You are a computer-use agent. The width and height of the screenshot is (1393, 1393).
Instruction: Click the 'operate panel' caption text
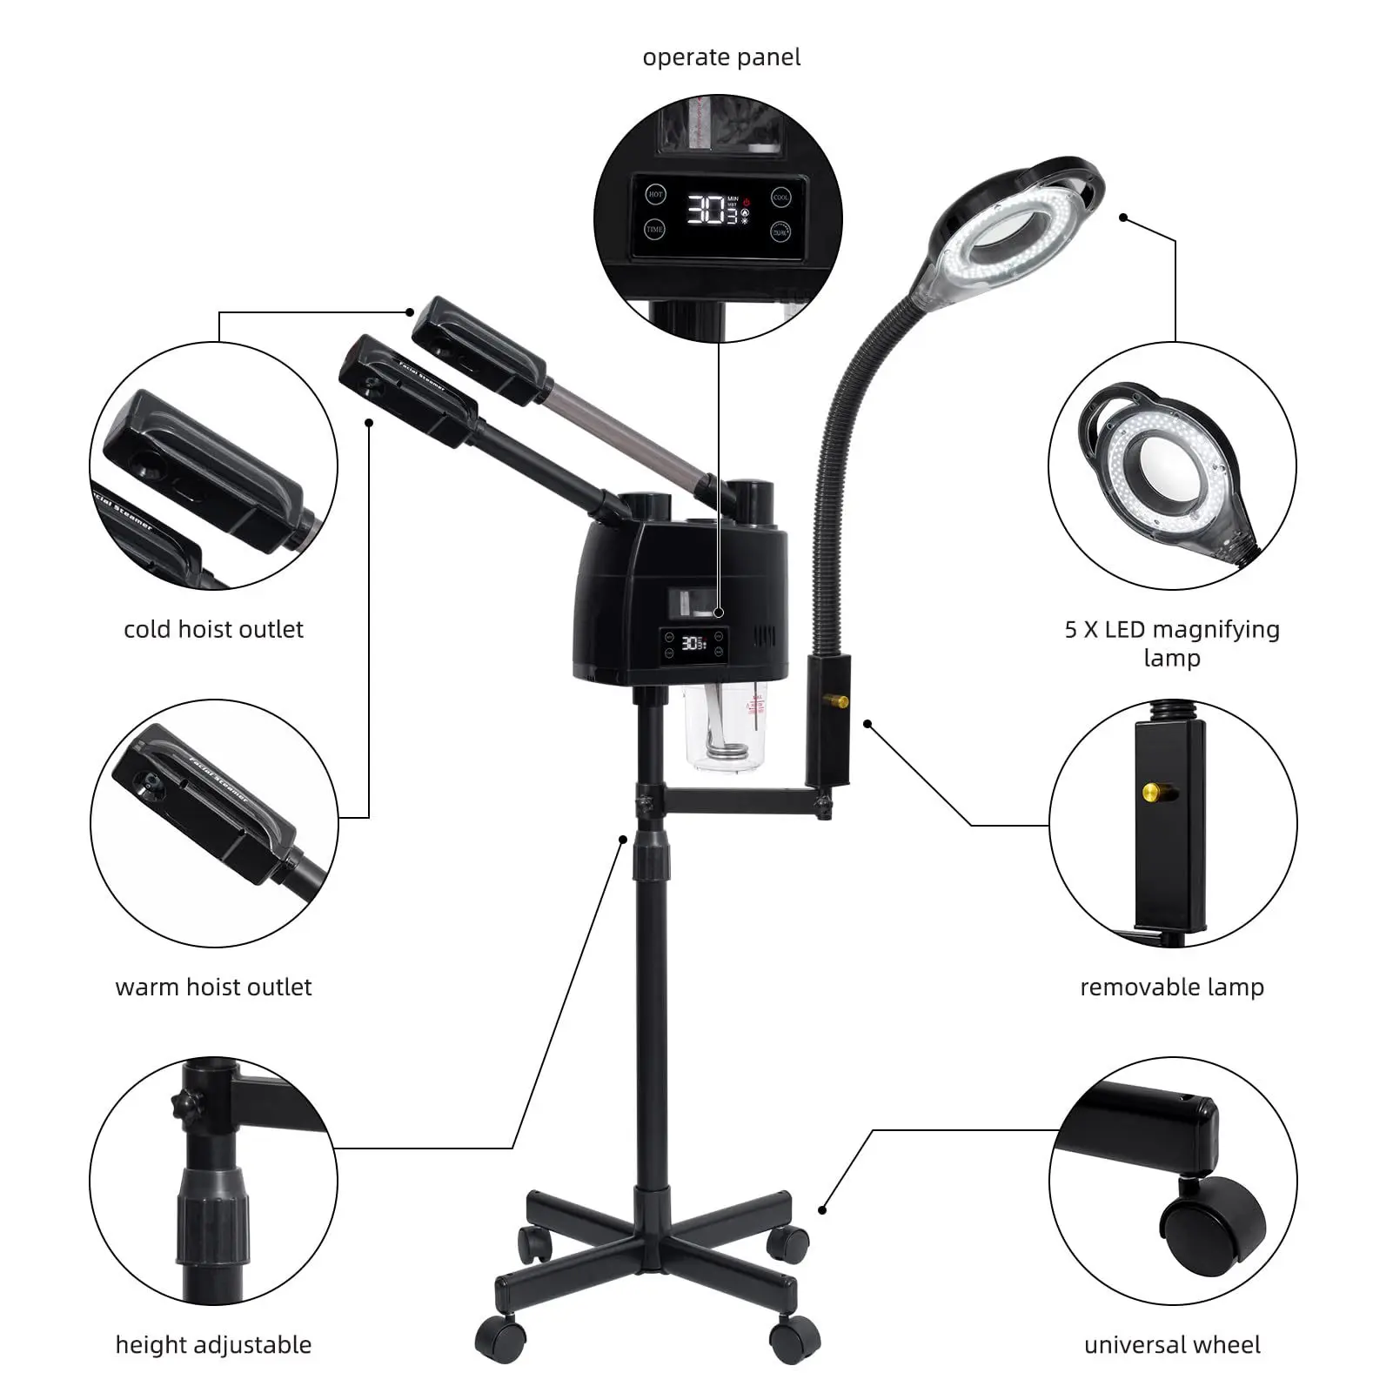(x=721, y=57)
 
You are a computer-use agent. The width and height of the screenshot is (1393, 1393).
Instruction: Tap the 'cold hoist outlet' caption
(x=213, y=629)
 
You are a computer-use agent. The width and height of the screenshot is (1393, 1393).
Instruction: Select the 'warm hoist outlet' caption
(x=213, y=987)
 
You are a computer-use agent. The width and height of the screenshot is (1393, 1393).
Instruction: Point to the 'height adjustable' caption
(x=213, y=1344)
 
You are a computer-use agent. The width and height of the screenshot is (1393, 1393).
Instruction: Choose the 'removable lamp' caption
(x=1172, y=987)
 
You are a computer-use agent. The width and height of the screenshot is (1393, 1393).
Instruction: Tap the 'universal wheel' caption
(x=1172, y=1344)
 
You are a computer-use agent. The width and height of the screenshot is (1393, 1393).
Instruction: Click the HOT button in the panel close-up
(x=655, y=195)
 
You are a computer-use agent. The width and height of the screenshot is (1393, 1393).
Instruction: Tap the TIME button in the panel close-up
(x=655, y=230)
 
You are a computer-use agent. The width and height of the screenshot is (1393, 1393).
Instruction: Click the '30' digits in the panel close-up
(x=707, y=210)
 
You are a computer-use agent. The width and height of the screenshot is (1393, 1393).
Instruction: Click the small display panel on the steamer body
(x=693, y=644)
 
